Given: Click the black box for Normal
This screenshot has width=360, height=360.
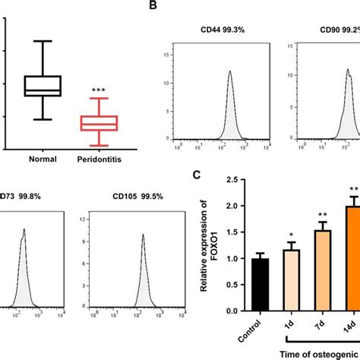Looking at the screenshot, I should [x=43, y=86].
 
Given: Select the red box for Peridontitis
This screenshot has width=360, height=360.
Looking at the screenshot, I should [x=99, y=123].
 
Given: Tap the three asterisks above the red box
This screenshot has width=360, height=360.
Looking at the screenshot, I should [x=99, y=91].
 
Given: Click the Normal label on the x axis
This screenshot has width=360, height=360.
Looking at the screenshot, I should [x=43, y=159].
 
